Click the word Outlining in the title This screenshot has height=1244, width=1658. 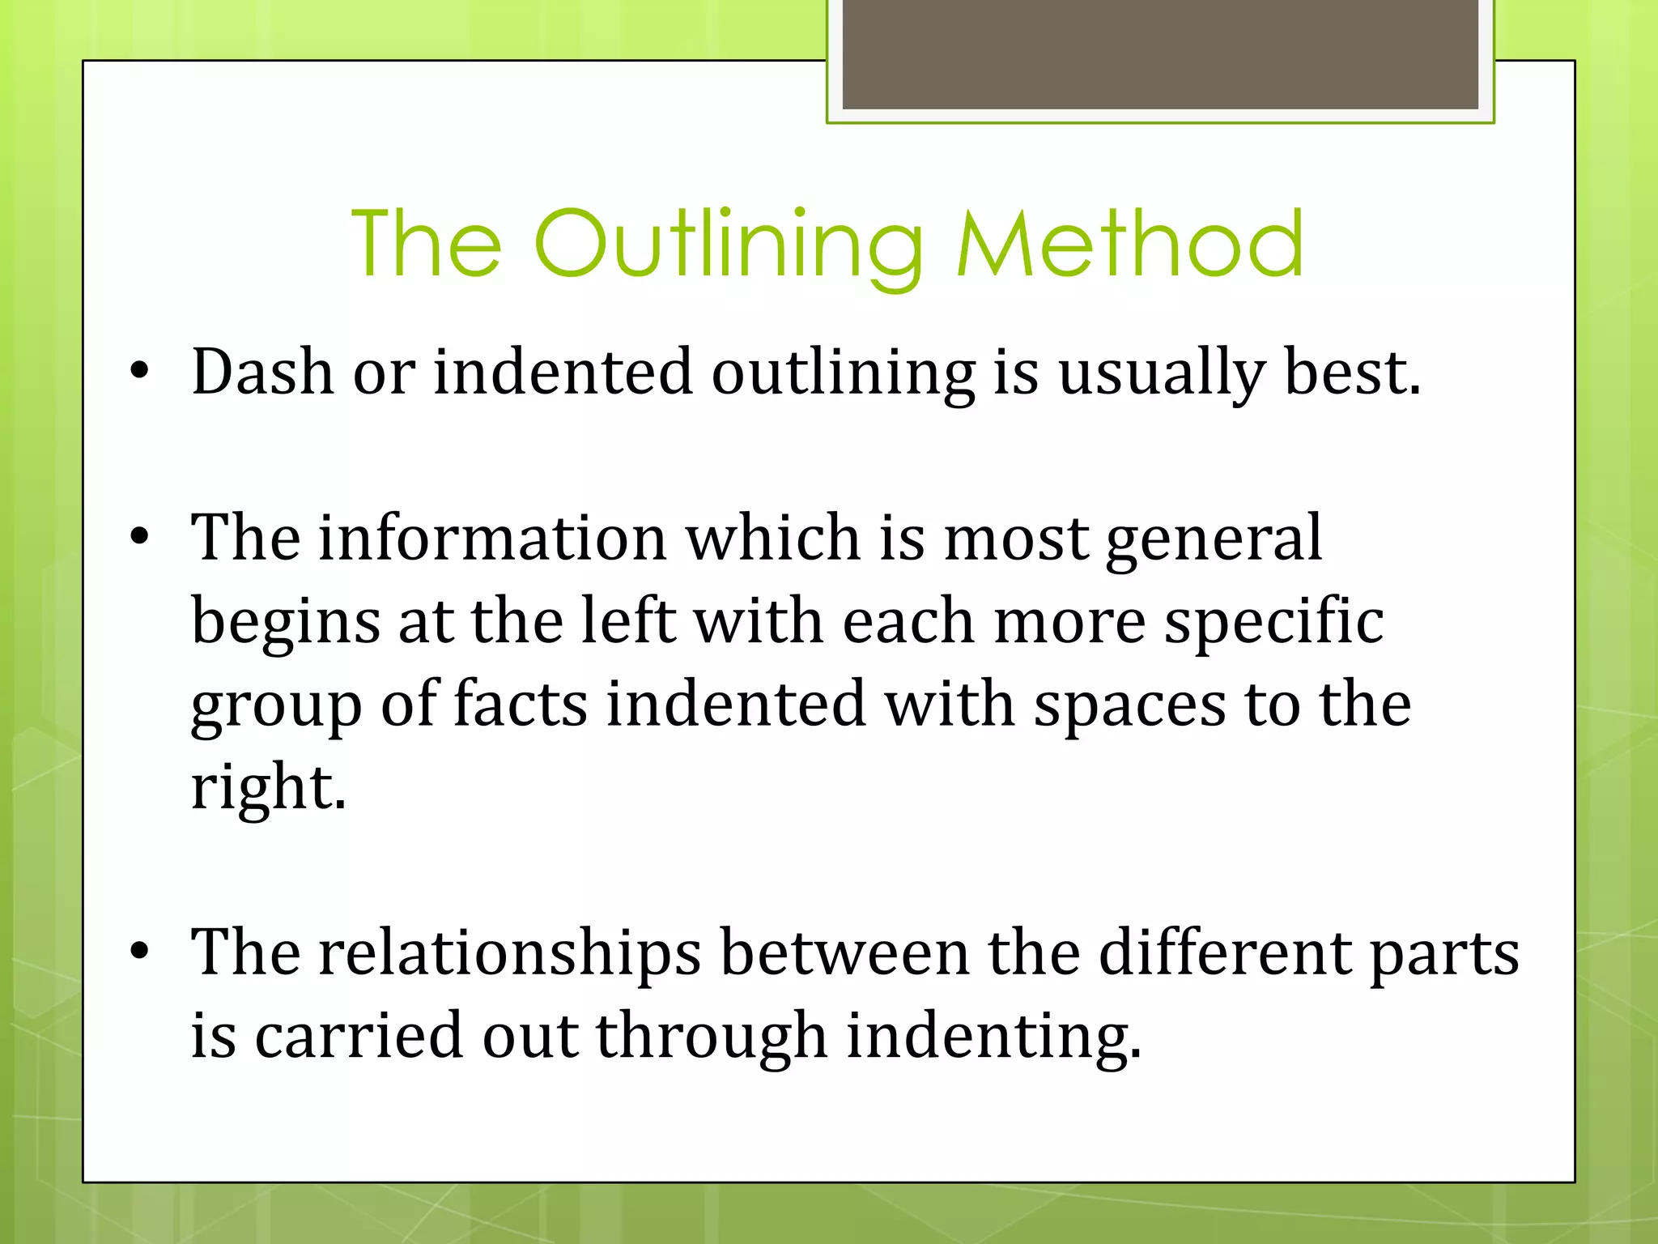(x=729, y=243)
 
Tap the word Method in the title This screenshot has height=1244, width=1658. (x=1129, y=243)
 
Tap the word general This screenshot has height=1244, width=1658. (x=1214, y=539)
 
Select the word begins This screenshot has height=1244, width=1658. (x=285, y=622)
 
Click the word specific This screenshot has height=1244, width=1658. (x=1273, y=622)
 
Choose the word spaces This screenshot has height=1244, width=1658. (x=1129, y=705)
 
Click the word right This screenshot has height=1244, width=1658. (x=268, y=787)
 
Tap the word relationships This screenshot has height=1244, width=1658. (x=509, y=952)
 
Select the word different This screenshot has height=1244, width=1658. (x=1224, y=952)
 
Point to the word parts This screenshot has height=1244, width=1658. (x=1443, y=954)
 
